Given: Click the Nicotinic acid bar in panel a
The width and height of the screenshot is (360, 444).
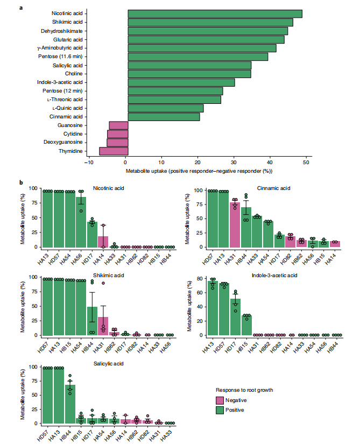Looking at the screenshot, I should pyautogui.click(x=215, y=13).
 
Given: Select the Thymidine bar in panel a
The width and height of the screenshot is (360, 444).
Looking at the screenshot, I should pyautogui.click(x=114, y=151).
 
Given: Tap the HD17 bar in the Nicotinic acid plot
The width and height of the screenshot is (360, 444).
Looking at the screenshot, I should pyautogui.click(x=92, y=234).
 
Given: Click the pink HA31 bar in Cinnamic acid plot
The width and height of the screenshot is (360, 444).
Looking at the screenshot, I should pyautogui.click(x=235, y=224).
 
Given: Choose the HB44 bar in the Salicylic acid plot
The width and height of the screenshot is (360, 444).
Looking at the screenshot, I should pyautogui.click(x=69, y=404).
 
